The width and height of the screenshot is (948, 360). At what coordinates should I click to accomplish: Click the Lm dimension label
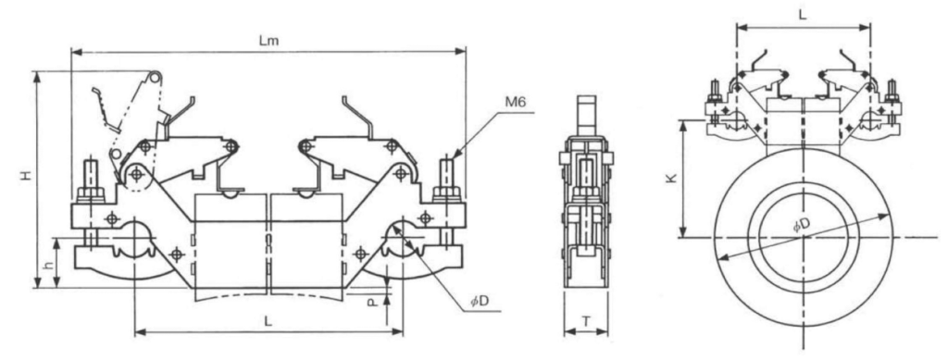click(x=268, y=41)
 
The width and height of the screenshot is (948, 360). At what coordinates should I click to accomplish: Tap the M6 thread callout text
click(x=516, y=103)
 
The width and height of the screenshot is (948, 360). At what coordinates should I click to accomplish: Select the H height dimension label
click(x=25, y=176)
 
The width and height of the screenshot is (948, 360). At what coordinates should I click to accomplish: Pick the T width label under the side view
click(x=586, y=322)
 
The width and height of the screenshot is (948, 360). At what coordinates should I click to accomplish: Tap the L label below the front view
click(x=268, y=321)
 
